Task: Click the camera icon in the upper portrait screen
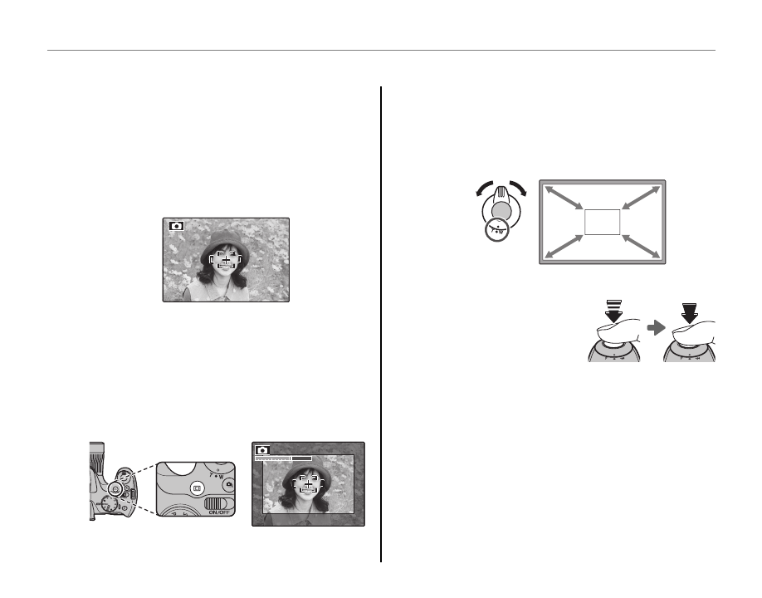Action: coord(176,226)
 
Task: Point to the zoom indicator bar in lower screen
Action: coord(284,458)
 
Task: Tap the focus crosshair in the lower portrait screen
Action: coord(308,483)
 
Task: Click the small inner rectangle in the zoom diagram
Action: coord(602,222)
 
